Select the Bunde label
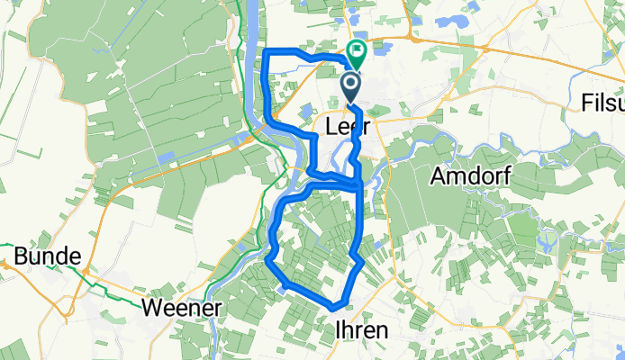(x=41, y=257)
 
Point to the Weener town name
(x=182, y=309)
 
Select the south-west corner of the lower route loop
(x=269, y=262)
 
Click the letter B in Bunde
(x=18, y=257)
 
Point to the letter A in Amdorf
(x=438, y=176)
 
